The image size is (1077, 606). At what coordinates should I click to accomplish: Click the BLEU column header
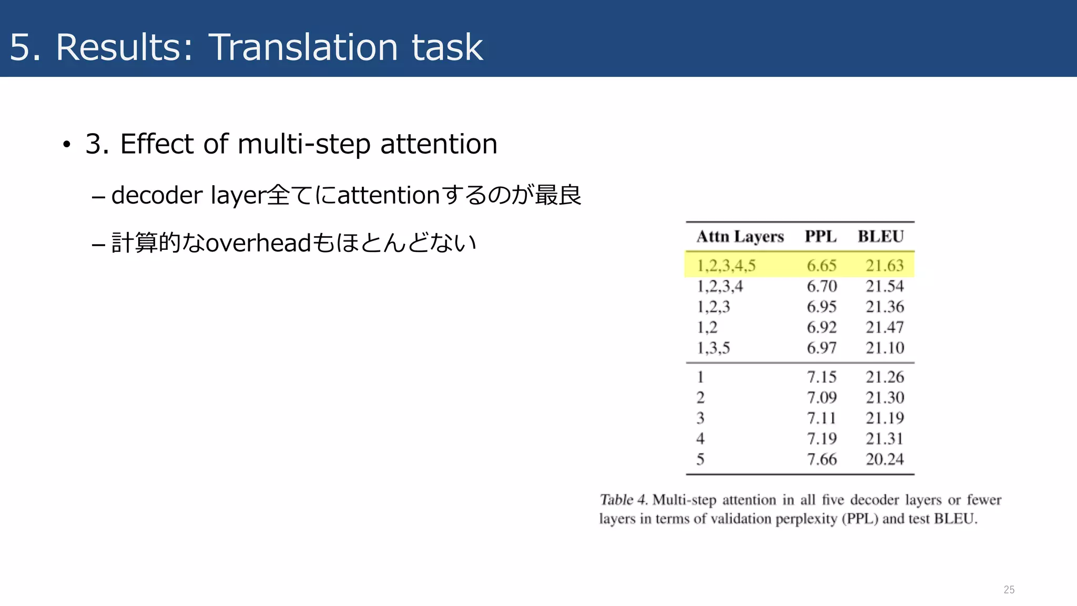click(x=881, y=237)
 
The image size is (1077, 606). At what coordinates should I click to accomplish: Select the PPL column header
click(x=820, y=237)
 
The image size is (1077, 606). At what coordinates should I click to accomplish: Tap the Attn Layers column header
click(x=740, y=237)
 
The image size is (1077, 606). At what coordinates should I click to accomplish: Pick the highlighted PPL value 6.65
click(x=821, y=266)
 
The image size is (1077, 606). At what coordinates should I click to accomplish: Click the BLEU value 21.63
click(x=885, y=266)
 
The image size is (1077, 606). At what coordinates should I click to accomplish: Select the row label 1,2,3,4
click(x=720, y=286)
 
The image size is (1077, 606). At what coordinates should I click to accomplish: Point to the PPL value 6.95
click(x=821, y=307)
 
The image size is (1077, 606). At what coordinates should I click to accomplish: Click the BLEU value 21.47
click(x=885, y=327)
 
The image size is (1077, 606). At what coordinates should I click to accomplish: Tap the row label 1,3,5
click(x=713, y=348)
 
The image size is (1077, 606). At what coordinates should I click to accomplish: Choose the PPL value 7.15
click(x=821, y=377)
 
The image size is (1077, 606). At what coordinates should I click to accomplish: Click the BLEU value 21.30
click(x=885, y=398)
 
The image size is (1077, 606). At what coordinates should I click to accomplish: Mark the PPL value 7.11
click(x=821, y=418)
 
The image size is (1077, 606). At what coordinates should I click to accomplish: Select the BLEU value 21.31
click(x=885, y=439)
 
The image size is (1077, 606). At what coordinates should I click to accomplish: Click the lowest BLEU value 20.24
click(x=885, y=459)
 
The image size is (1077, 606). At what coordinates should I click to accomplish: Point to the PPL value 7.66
click(x=821, y=459)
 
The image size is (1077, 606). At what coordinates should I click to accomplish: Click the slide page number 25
click(x=1009, y=590)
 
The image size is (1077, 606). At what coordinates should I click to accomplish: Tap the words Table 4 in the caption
click(x=623, y=500)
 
